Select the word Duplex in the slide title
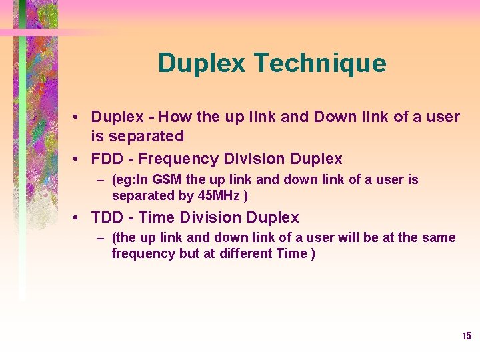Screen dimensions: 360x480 coord(203,64)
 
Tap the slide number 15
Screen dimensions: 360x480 coord(467,336)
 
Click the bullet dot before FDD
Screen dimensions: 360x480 coord(78,159)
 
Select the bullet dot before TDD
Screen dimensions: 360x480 coord(78,218)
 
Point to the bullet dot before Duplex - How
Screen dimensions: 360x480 coord(78,117)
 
